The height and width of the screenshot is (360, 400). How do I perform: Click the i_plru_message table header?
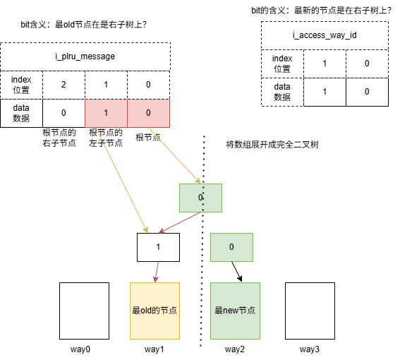click(x=85, y=56)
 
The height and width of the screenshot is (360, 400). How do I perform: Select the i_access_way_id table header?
click(x=325, y=35)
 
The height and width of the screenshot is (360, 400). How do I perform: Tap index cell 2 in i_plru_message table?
click(x=63, y=85)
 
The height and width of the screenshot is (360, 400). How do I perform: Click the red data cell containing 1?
click(x=106, y=112)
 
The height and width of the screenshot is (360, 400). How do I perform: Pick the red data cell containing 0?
click(x=148, y=112)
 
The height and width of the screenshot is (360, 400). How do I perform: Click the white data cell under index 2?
click(x=63, y=112)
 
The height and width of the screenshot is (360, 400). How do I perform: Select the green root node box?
click(x=200, y=198)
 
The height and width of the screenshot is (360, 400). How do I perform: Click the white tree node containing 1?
click(x=158, y=248)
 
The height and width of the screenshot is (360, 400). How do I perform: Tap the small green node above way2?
click(x=231, y=248)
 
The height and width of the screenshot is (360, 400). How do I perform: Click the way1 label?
click(x=155, y=349)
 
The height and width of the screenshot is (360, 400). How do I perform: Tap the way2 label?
click(x=235, y=349)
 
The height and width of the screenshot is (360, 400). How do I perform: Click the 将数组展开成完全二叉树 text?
click(x=272, y=144)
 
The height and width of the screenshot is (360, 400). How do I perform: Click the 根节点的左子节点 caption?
click(x=106, y=138)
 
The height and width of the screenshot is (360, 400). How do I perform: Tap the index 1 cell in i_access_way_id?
click(x=325, y=64)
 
